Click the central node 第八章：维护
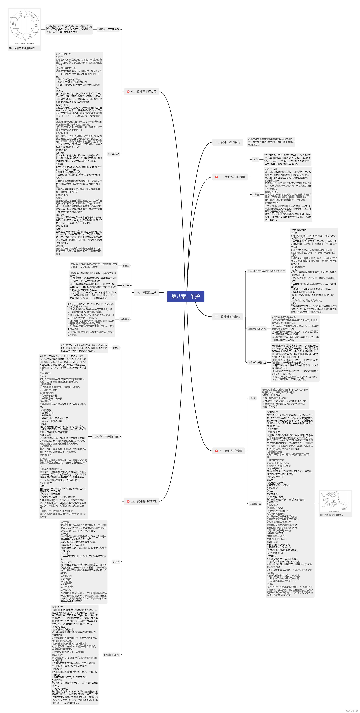pyautogui.click(x=186, y=296)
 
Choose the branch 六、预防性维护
pyautogui.click(x=147, y=292)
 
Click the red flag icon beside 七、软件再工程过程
pyautogui.click(x=128, y=92)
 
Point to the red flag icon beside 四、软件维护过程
pyautogui.click(x=217, y=451)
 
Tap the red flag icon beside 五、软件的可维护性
pyautogui.click(x=128, y=501)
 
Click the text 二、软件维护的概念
pyautogui.click(x=232, y=177)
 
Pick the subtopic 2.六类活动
pyautogui.click(x=114, y=154)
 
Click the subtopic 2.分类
pyautogui.click(x=256, y=195)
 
